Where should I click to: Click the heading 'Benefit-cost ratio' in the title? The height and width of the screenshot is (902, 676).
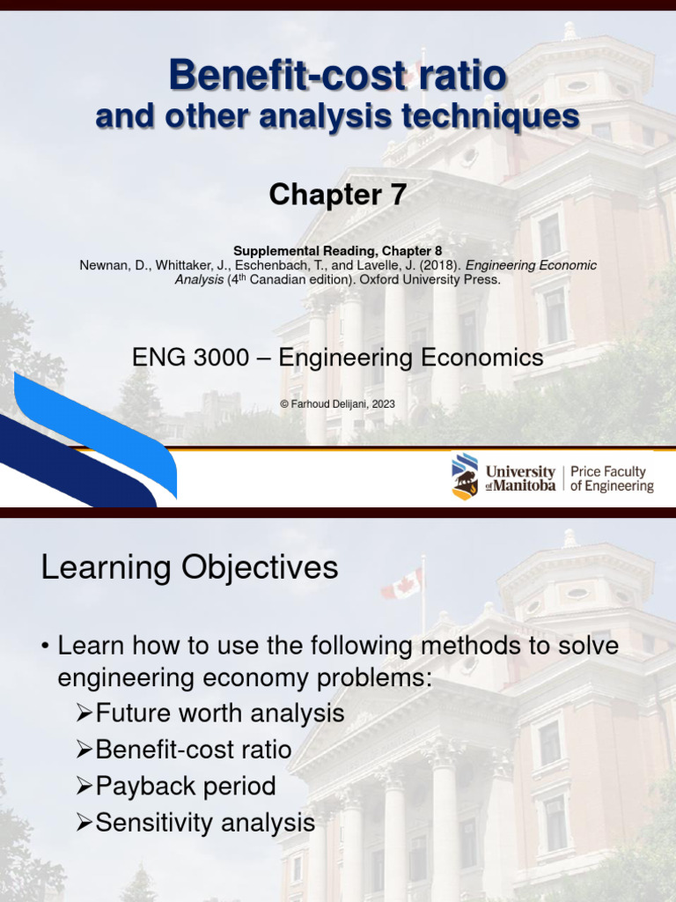pyautogui.click(x=338, y=76)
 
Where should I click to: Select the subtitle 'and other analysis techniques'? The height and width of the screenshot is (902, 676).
pyautogui.click(x=338, y=116)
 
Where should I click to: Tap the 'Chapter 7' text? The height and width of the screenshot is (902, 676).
pyautogui.click(x=338, y=195)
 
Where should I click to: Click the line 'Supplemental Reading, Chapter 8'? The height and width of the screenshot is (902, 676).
pyautogui.click(x=338, y=251)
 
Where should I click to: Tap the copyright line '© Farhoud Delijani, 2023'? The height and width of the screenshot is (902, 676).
pyautogui.click(x=338, y=403)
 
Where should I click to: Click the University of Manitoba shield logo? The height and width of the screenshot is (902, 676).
pyautogui.click(x=465, y=476)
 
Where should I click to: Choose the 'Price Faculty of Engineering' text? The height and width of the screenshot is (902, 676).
pyautogui.click(x=612, y=478)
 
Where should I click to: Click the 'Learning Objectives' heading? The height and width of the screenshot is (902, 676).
pyautogui.click(x=189, y=567)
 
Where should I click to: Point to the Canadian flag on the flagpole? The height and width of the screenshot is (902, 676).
pyautogui.click(x=402, y=583)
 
